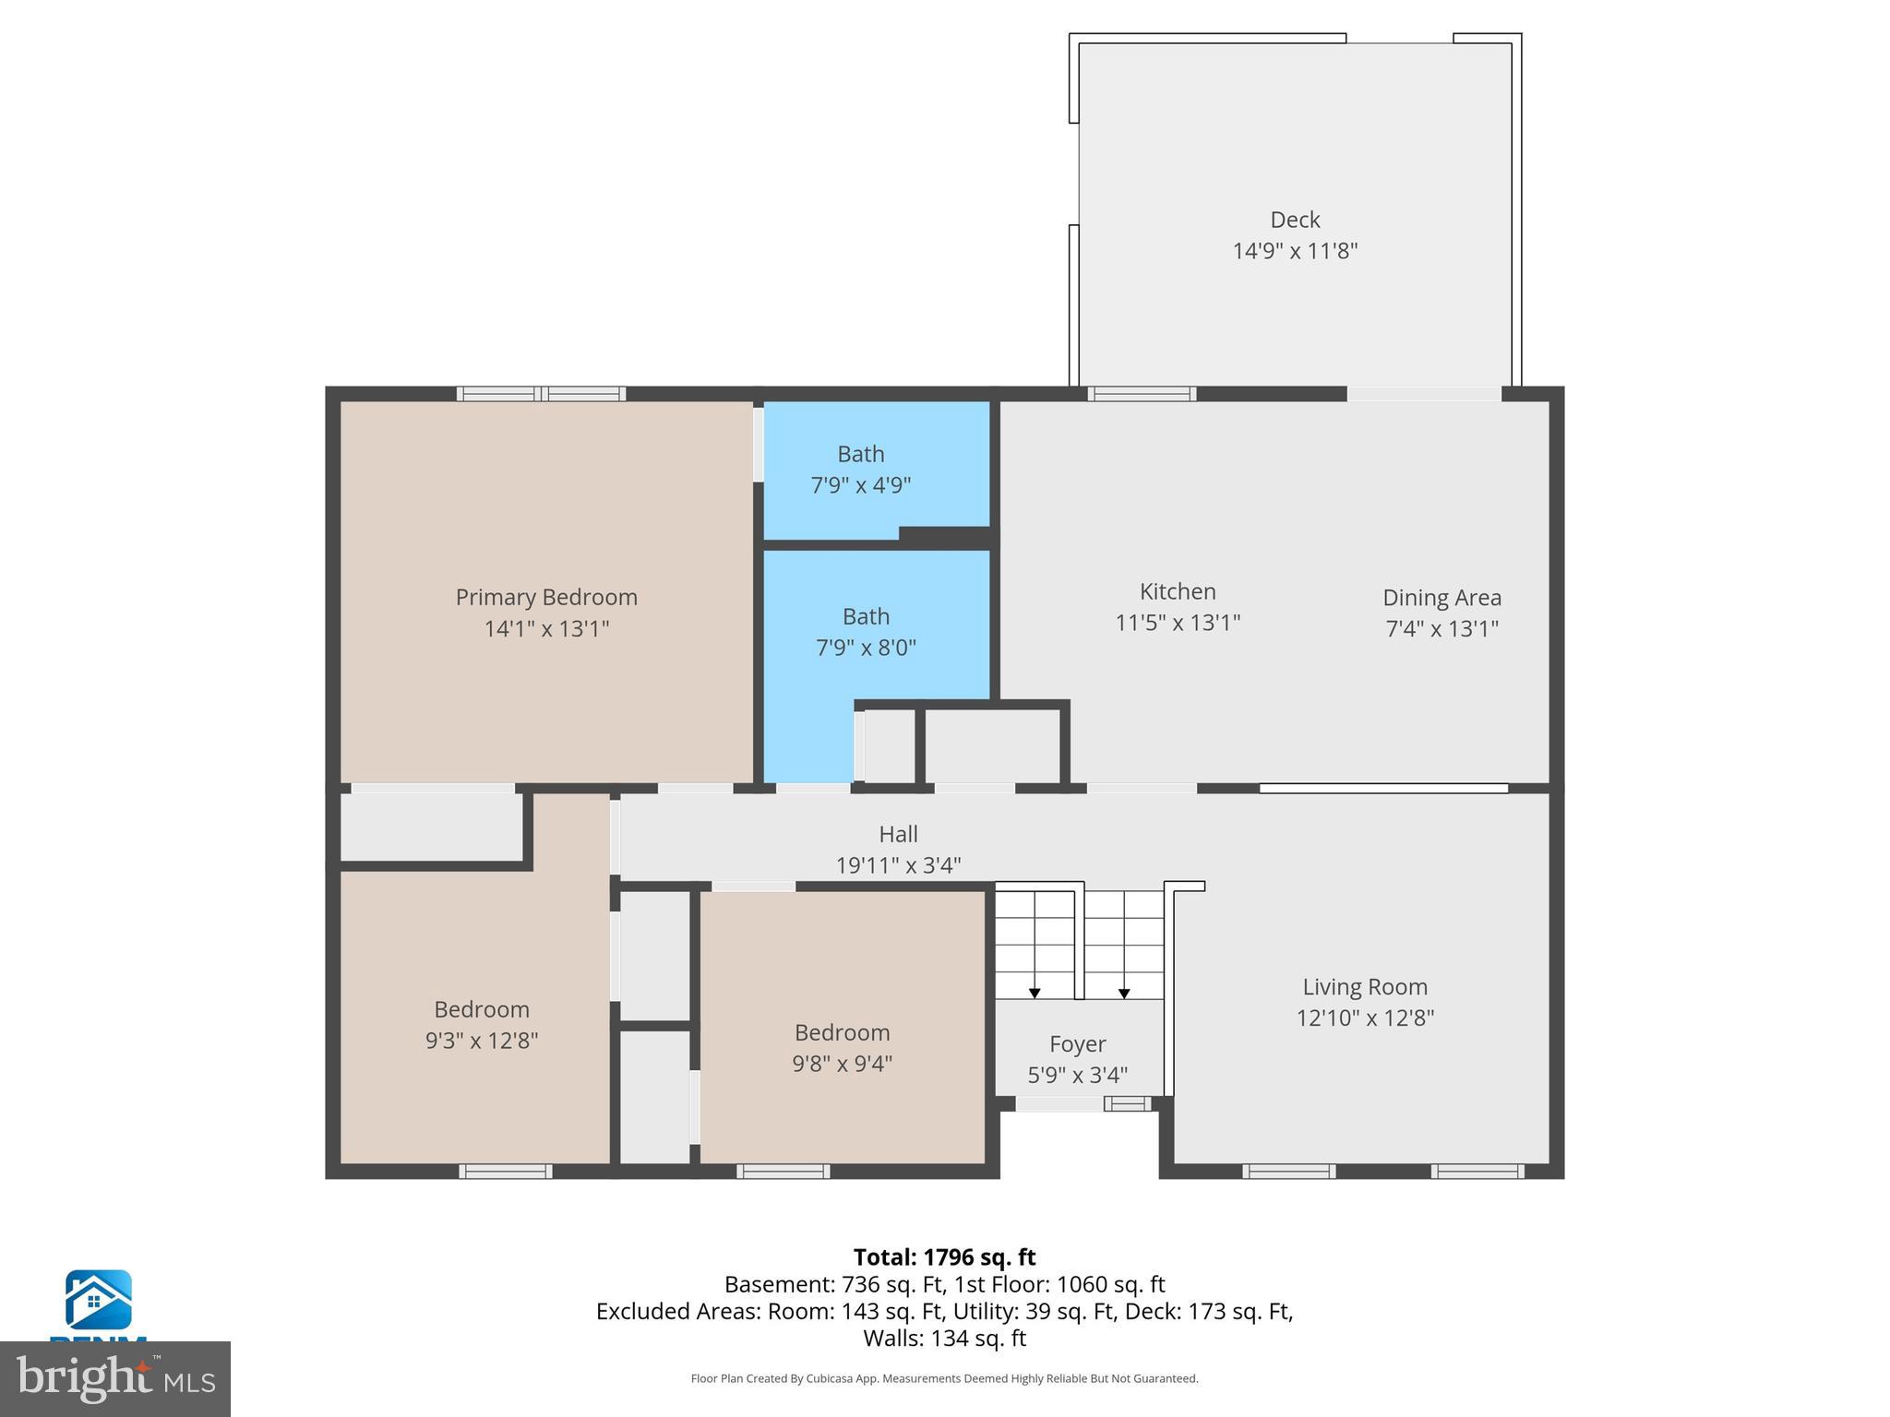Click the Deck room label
tap(1295, 220)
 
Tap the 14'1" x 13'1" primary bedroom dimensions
tap(546, 628)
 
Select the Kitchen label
tap(1178, 591)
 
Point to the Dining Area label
tap(1441, 598)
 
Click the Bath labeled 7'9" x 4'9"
tap(861, 469)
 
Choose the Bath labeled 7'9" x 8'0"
tap(866, 631)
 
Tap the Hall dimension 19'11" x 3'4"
tap(898, 865)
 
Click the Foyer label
tap(1077, 1043)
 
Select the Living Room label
tap(1365, 987)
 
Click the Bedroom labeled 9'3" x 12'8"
tap(482, 1024)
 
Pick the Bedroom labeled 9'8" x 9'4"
tap(842, 1047)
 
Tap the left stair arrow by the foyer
tap(1035, 993)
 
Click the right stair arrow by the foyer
tap(1124, 993)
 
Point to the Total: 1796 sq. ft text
tap(944, 1257)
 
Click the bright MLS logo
tap(115, 1378)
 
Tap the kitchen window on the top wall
tap(1142, 394)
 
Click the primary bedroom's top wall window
tap(542, 394)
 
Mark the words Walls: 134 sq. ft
tap(944, 1338)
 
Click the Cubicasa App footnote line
tap(944, 1378)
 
